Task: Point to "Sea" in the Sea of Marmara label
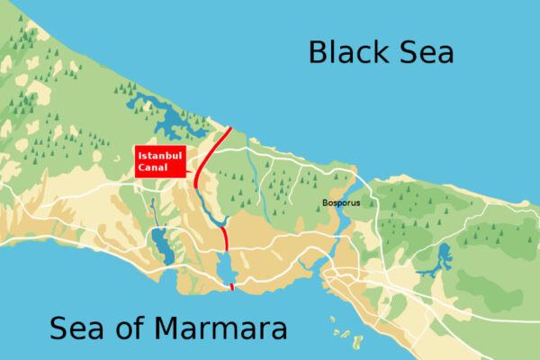coord(77,328)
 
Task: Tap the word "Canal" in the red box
coord(153,168)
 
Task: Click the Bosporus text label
coord(341,203)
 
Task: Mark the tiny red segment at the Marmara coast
coord(232,287)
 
